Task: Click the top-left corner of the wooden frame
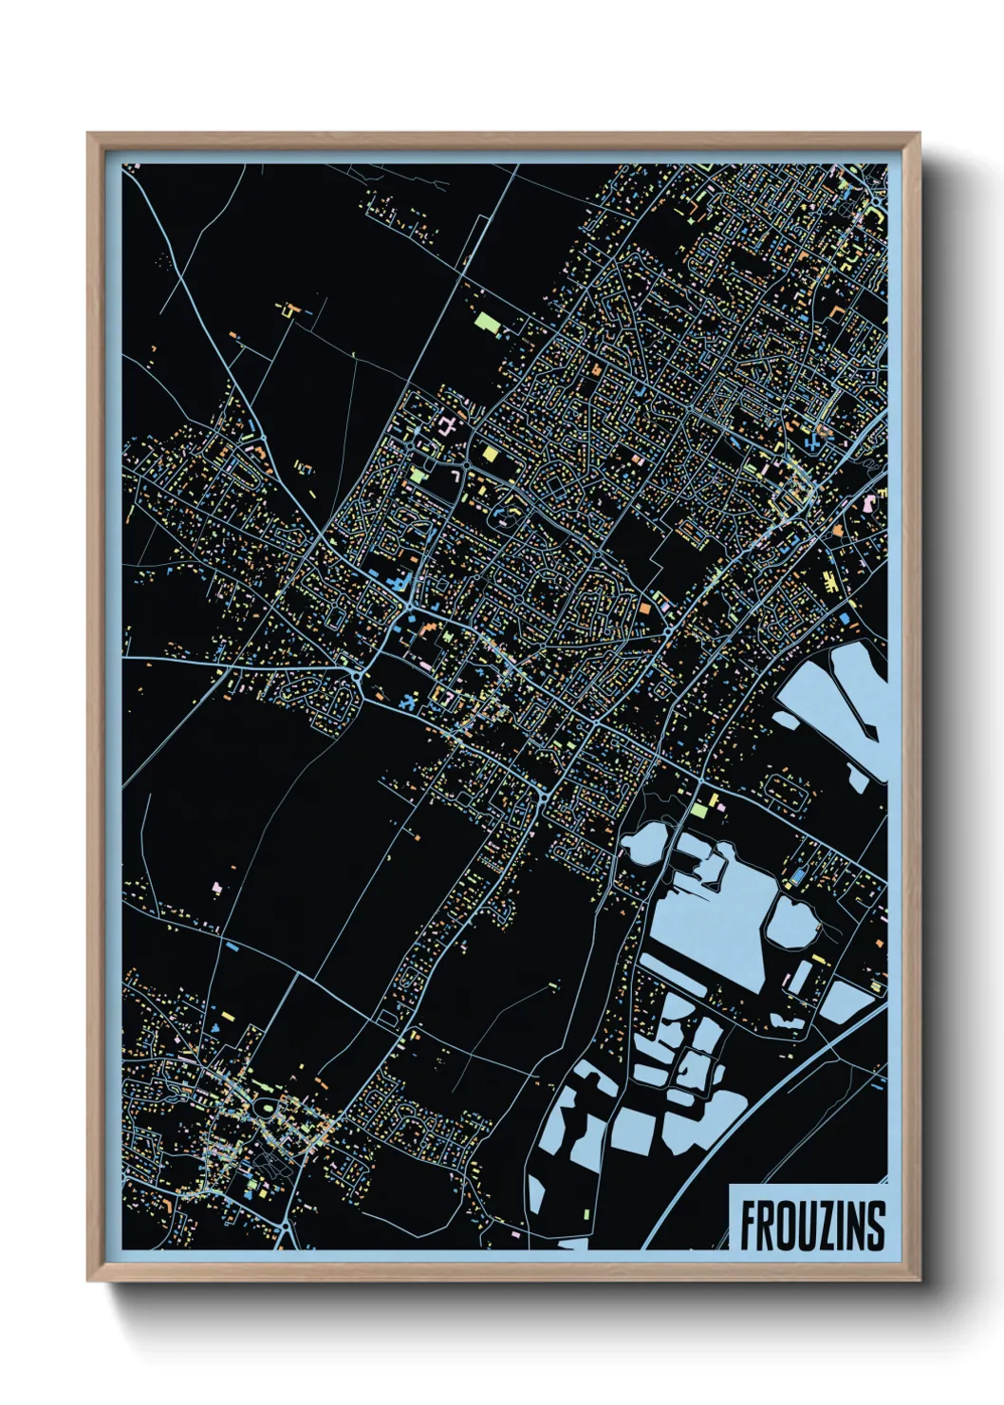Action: [89, 135]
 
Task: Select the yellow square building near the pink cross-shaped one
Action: [490, 453]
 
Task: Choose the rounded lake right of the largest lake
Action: [791, 919]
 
